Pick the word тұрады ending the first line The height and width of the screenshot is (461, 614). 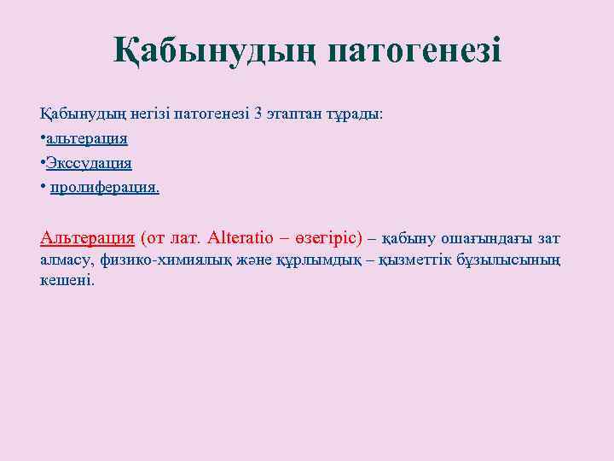click(x=356, y=114)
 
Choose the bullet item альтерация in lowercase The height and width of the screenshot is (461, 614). click(x=87, y=138)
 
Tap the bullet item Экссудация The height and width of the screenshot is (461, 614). click(x=89, y=162)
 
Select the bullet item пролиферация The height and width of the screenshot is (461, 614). click(x=104, y=186)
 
